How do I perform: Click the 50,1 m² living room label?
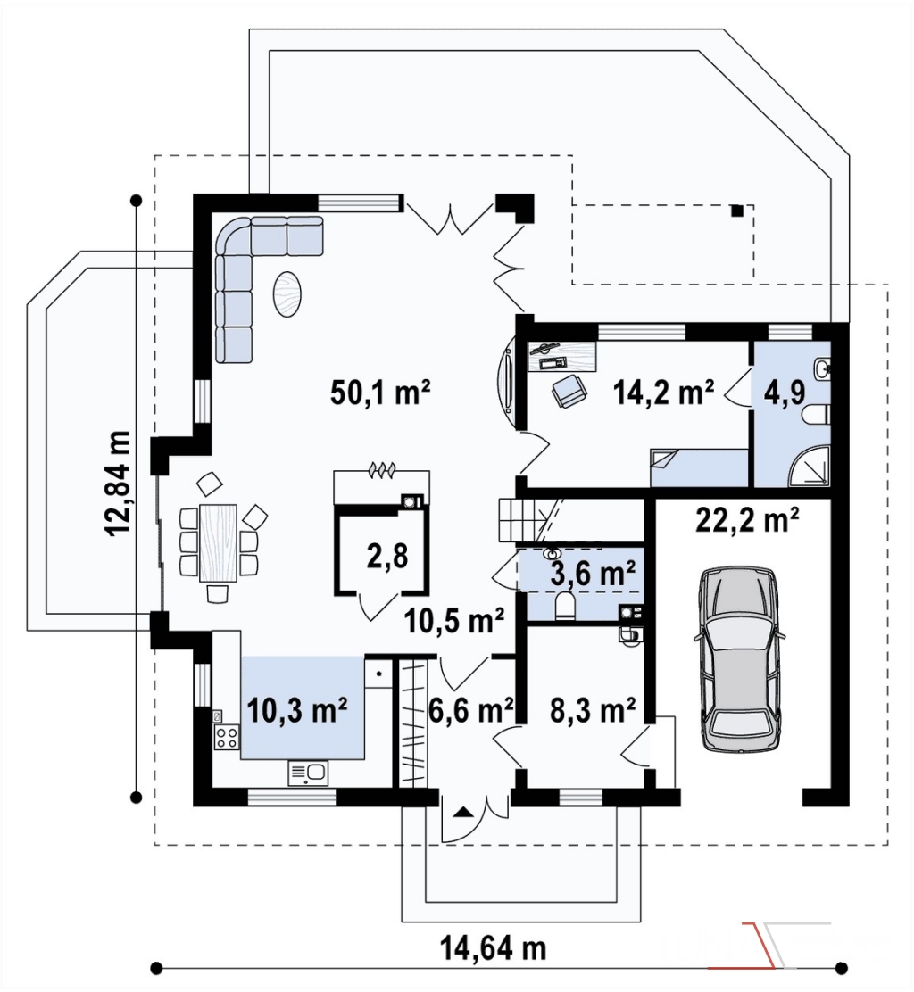pyautogui.click(x=380, y=393)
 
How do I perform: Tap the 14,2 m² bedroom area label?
pyautogui.click(x=663, y=393)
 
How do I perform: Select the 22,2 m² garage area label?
pyautogui.click(x=747, y=520)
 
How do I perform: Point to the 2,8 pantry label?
pyautogui.click(x=386, y=556)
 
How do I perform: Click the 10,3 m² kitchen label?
pyautogui.click(x=297, y=710)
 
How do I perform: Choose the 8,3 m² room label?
pyautogui.click(x=593, y=710)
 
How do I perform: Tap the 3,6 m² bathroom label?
pyautogui.click(x=593, y=574)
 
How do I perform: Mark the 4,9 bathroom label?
pyautogui.click(x=785, y=393)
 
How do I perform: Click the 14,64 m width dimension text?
pyautogui.click(x=493, y=947)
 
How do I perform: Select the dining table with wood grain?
pyautogui.click(x=218, y=542)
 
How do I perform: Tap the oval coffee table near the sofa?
pyautogui.click(x=287, y=293)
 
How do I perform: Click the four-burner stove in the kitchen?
pyautogui.click(x=228, y=736)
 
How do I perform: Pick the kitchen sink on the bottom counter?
pyautogui.click(x=308, y=773)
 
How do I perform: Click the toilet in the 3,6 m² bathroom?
pyautogui.click(x=564, y=606)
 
